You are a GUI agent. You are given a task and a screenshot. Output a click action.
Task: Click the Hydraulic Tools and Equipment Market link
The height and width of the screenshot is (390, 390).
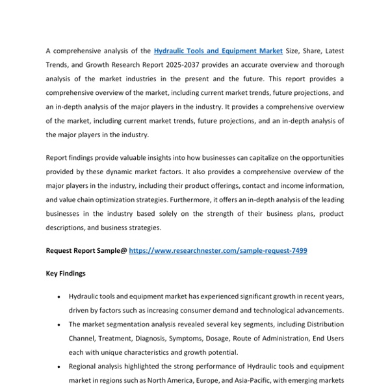(218, 51)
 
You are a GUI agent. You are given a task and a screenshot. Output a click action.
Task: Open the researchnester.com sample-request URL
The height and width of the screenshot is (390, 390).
(218, 250)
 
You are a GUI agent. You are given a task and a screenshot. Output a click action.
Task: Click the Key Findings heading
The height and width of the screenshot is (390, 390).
(66, 274)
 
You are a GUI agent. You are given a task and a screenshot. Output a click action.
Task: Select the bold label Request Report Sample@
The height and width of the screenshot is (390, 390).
(86, 250)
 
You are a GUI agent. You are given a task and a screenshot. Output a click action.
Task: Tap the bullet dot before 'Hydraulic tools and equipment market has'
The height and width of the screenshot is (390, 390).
(59, 296)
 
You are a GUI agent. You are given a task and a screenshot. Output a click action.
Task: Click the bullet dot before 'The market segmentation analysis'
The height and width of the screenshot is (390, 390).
(59, 324)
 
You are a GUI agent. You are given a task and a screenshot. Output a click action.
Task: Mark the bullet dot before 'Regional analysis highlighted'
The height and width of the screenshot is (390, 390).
(59, 367)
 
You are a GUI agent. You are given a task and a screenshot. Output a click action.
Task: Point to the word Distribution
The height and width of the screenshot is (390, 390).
(323, 324)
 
